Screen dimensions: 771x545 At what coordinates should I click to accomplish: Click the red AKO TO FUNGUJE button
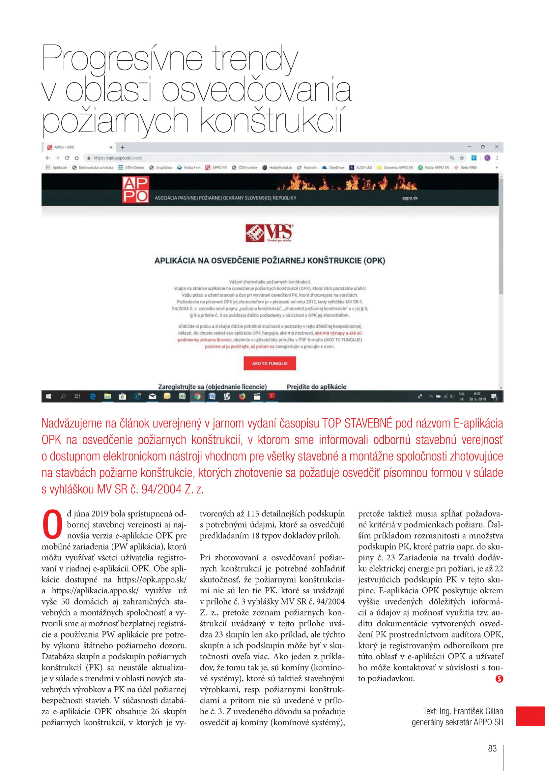point(270,363)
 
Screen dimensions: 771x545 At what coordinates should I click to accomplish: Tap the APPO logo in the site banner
point(135,190)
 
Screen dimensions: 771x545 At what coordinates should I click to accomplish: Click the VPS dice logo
point(269,233)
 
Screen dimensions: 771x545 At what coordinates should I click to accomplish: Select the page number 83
point(492,748)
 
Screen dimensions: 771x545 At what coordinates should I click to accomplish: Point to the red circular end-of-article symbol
point(499,679)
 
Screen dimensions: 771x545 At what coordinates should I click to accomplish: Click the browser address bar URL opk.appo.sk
point(117,158)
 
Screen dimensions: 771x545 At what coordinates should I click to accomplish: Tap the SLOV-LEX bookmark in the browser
point(361,167)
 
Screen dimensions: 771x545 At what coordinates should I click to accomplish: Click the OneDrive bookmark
point(333,167)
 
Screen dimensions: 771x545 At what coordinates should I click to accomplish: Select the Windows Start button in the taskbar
point(48,397)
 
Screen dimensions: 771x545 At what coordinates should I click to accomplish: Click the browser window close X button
point(496,147)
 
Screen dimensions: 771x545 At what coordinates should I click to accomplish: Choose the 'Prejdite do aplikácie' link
point(316,387)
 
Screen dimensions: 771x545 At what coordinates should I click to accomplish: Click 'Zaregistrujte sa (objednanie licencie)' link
point(212,387)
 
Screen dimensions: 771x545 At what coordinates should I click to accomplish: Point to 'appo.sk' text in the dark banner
point(410,198)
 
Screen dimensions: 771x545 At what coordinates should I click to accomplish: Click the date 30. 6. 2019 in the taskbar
point(477,399)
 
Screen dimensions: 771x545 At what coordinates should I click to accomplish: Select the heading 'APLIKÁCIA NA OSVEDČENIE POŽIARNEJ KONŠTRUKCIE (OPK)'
point(270,261)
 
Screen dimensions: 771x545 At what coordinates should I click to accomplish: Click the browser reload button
point(67,158)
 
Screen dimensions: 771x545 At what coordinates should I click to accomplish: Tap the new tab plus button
point(123,147)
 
